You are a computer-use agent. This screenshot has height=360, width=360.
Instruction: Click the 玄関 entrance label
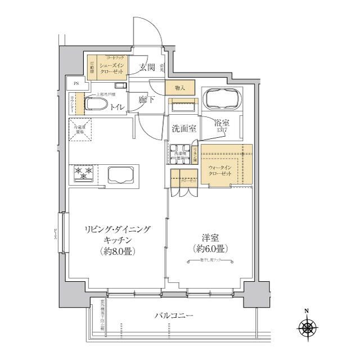tap(147, 68)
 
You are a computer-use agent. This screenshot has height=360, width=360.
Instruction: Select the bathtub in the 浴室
tap(220, 100)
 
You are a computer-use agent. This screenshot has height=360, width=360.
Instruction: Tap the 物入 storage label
tap(179, 88)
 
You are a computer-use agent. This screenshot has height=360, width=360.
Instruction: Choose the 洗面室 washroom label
tap(183, 128)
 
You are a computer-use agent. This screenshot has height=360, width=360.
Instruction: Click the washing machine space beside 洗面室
tap(179, 153)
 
